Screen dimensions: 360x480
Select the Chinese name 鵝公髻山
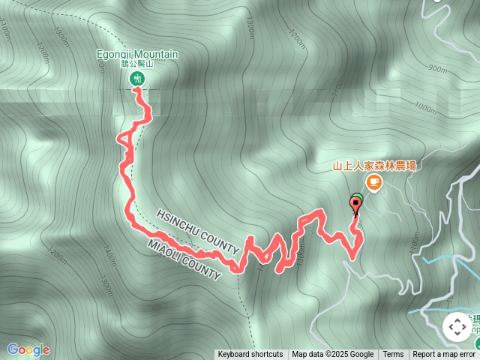(x=136, y=64)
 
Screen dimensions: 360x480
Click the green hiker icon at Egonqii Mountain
(x=136, y=78)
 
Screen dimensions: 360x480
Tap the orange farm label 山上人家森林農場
(x=374, y=166)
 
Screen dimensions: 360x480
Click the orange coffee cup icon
(x=373, y=182)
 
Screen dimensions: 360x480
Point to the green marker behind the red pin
(x=358, y=199)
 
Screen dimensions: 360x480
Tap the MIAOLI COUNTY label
(x=184, y=259)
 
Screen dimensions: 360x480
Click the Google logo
(x=28, y=349)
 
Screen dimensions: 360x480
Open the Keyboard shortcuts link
(x=250, y=355)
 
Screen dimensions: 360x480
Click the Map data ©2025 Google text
(x=332, y=355)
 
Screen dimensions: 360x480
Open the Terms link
(x=393, y=355)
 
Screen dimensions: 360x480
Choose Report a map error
(x=444, y=355)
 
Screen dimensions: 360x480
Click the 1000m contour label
(x=424, y=109)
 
